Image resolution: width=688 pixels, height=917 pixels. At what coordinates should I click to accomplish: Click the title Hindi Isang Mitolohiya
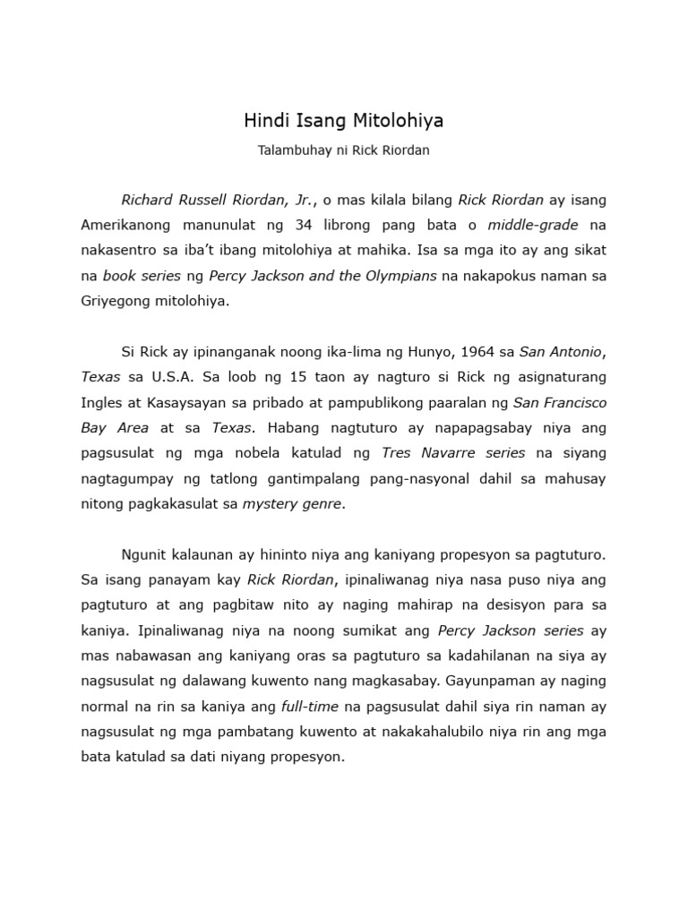coord(344,120)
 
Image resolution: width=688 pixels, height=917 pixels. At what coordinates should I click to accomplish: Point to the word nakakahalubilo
coord(418,732)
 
